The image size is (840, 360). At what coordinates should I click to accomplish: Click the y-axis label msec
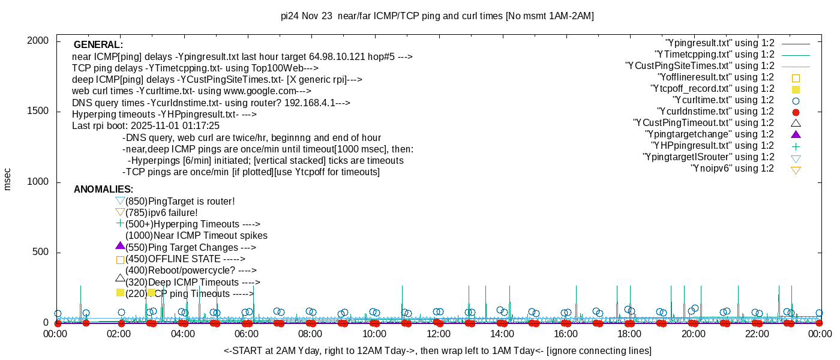pyautogui.click(x=7, y=179)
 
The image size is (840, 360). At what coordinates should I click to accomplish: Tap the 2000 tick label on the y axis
pyautogui.click(x=40, y=41)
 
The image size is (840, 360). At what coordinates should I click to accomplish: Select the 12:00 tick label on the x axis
pyautogui.click(x=438, y=334)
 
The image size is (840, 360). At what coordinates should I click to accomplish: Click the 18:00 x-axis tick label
pyautogui.click(x=629, y=334)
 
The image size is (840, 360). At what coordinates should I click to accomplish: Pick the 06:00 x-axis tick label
pyautogui.click(x=247, y=334)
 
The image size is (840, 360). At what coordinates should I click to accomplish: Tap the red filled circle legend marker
pyautogui.click(x=796, y=112)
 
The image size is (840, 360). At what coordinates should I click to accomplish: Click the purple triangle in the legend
pyautogui.click(x=796, y=134)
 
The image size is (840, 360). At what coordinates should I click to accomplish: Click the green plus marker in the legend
pyautogui.click(x=796, y=146)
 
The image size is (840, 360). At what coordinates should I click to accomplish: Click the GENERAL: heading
pyautogui.click(x=98, y=45)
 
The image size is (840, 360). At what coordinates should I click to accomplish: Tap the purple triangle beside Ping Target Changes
pyautogui.click(x=120, y=246)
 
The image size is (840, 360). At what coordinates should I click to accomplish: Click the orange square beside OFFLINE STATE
pyautogui.click(x=120, y=260)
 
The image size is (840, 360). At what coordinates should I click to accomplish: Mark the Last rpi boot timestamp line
pyautogui.click(x=146, y=126)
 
